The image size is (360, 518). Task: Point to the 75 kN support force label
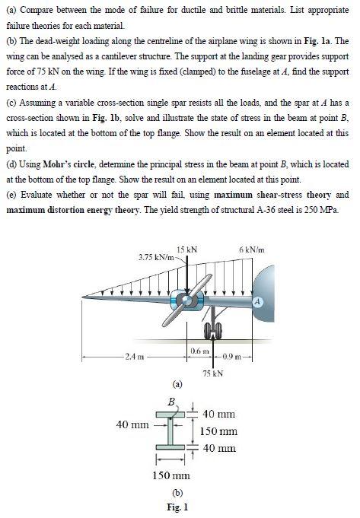(213, 373)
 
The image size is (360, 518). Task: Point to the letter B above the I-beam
(170, 401)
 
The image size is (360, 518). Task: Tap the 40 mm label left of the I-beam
(132, 425)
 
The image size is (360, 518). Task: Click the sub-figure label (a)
(177, 384)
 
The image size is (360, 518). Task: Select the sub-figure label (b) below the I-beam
(177, 492)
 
